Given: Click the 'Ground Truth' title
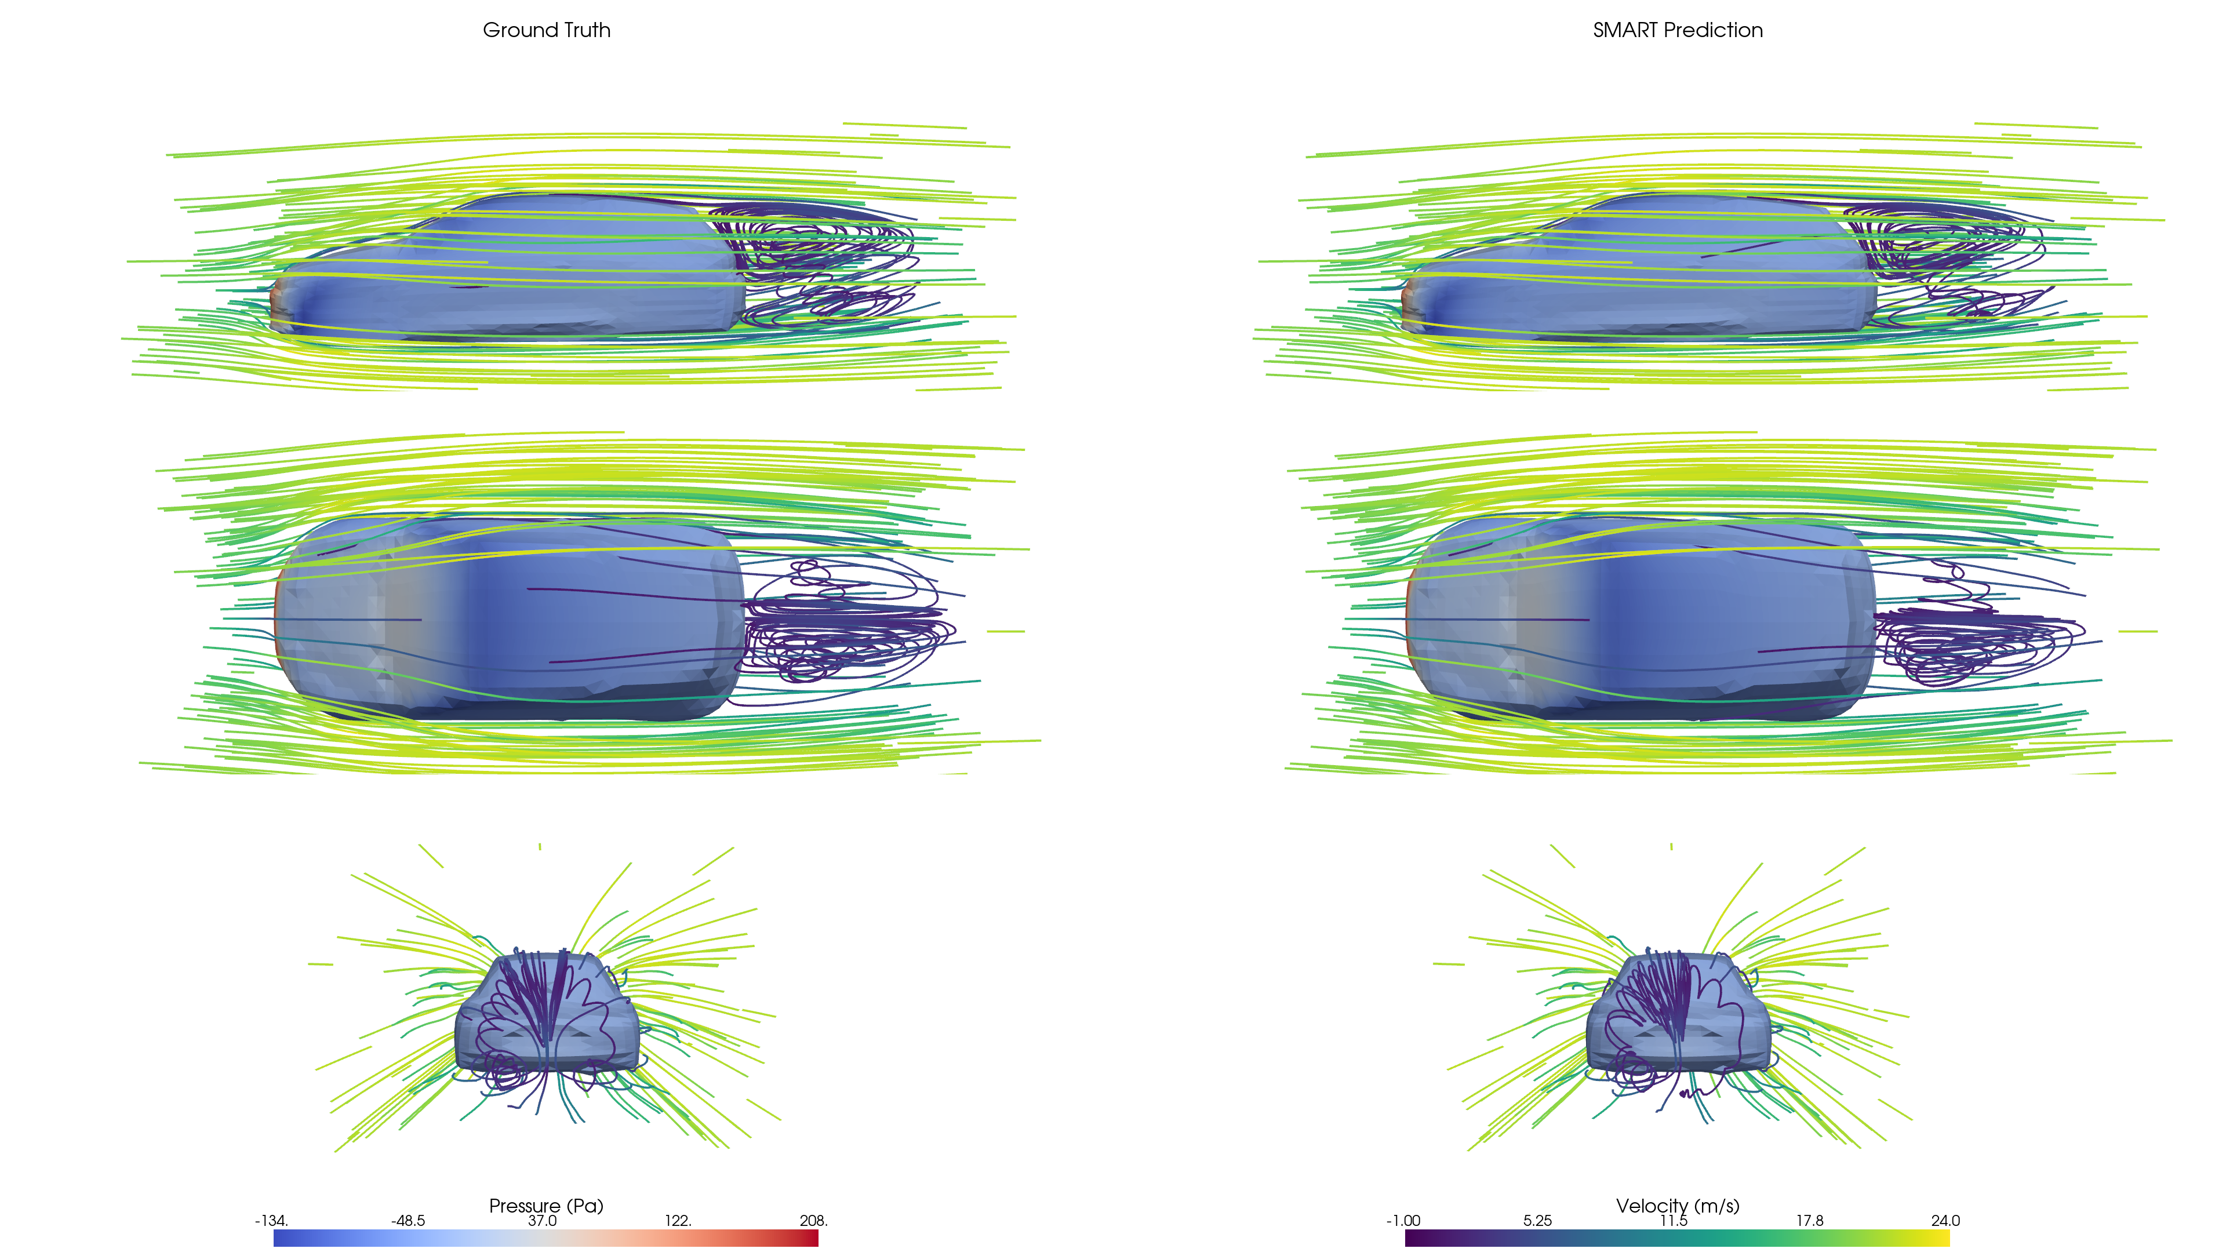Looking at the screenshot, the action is click(x=546, y=30).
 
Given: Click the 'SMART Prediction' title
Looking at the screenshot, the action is click(x=1677, y=30).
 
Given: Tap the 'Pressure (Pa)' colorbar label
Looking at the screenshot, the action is click(x=546, y=1206).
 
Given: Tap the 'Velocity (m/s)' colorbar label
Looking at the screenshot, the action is click(x=1677, y=1206).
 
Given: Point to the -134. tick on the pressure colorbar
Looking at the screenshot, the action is click(x=271, y=1221).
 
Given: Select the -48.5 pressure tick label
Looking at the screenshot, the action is click(x=408, y=1221).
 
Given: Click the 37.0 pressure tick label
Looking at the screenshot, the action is click(x=543, y=1221).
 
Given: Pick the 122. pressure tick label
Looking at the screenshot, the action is click(x=678, y=1221).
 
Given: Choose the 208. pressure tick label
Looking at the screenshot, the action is click(x=813, y=1221).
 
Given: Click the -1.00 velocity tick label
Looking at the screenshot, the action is click(x=1403, y=1221).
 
